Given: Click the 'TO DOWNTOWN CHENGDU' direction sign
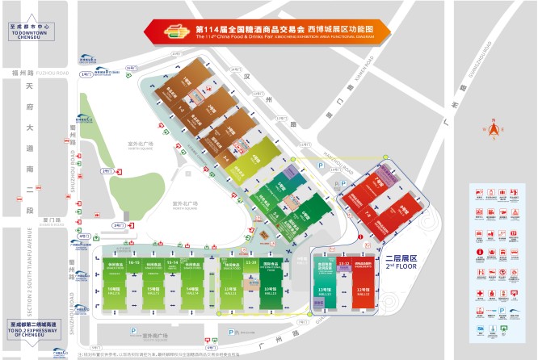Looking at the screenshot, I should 29,30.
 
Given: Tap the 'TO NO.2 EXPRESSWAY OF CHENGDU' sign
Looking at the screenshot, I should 29,326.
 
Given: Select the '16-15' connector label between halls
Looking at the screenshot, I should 134,263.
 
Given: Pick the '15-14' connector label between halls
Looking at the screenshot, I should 172,263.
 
